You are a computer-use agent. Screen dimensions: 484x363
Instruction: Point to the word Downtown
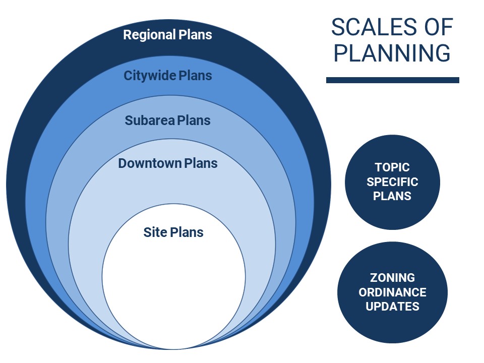(x=150, y=163)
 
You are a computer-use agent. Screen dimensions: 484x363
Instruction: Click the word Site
(x=155, y=232)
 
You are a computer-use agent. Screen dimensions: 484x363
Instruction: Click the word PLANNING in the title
(x=392, y=53)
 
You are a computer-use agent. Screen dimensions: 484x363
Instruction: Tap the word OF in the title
(x=438, y=27)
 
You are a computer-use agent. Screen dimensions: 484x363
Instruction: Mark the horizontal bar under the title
(x=393, y=80)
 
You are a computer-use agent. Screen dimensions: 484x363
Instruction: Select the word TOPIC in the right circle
(x=392, y=167)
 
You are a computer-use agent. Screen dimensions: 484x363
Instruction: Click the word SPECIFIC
(x=392, y=182)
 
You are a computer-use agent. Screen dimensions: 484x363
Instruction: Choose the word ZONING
(x=392, y=278)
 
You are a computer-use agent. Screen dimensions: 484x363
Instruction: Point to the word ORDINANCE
(x=392, y=292)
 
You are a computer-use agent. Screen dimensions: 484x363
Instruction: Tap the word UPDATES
(x=392, y=307)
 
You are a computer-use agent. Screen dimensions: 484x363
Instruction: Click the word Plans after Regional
(x=196, y=35)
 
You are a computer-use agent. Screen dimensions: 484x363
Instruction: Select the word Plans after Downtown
(x=201, y=163)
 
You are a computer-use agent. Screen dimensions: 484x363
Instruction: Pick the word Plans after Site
(x=187, y=232)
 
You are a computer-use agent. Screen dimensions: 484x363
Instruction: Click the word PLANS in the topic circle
(x=392, y=196)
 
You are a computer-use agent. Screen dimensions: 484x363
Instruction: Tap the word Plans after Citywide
(x=196, y=76)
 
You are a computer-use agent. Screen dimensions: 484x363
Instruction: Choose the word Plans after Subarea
(x=194, y=120)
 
